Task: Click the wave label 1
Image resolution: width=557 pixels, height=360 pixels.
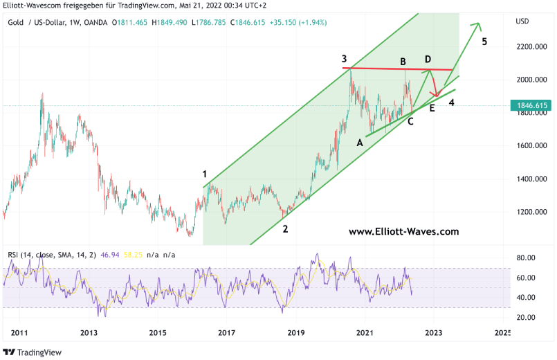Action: point(205,174)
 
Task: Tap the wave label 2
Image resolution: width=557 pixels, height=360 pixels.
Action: point(285,228)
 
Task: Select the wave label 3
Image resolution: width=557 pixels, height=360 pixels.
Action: point(344,59)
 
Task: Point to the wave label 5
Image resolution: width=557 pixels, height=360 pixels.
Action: point(484,42)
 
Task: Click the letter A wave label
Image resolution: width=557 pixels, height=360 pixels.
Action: point(359,143)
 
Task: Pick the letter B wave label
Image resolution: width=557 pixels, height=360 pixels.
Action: point(403,62)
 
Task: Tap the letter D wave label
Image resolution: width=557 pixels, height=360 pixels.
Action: point(428,59)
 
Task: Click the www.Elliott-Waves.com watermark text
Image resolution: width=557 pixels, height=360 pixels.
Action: point(403,233)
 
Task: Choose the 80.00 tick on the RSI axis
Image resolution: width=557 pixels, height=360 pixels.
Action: point(527,258)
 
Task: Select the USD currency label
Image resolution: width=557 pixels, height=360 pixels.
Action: point(522,21)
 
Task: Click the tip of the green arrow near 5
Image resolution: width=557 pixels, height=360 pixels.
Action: point(479,24)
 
